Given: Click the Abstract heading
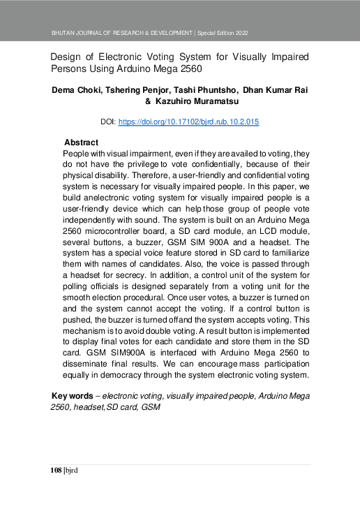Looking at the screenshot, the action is point(81,142).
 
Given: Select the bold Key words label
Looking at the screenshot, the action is point(73,396).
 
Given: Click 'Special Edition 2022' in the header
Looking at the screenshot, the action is point(223,34).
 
